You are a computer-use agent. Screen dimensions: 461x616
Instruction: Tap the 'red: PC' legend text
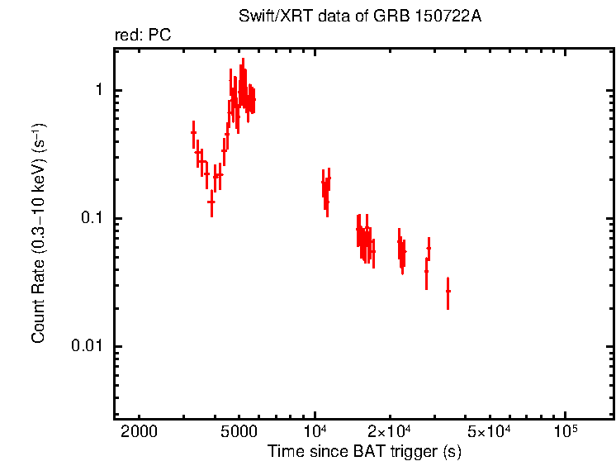tap(143, 36)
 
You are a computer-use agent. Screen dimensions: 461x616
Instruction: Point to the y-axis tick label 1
tap(96, 90)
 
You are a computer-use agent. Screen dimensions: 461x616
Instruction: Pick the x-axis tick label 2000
tap(140, 432)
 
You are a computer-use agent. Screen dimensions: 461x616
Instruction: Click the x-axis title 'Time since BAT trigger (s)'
tap(364, 451)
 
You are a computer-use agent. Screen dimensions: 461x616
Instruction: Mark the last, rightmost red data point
tap(448, 292)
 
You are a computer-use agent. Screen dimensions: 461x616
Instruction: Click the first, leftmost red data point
tap(193, 132)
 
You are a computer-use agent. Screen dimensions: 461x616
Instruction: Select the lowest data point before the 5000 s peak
tap(211, 202)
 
